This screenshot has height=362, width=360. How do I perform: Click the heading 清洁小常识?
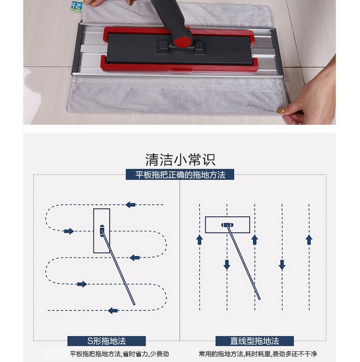pos(180,160)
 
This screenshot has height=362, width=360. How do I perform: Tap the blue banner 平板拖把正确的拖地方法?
pos(180,175)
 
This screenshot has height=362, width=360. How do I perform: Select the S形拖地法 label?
pos(107,341)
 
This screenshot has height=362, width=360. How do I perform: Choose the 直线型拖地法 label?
pos(254,341)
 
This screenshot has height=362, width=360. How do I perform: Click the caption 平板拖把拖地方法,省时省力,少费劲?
pos(120,354)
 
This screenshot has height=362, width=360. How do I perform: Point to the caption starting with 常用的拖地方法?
pos(258,354)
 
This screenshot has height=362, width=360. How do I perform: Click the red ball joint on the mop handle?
pos(182,42)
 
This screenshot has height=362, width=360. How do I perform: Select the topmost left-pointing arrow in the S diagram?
pos(131,205)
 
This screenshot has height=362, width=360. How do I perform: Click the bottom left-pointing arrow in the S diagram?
pos(113,311)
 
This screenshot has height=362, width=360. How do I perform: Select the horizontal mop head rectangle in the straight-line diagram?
pos(228,217)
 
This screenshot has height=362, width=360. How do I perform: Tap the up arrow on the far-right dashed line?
pos(309,240)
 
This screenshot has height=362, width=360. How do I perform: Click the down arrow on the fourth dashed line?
pos(282,265)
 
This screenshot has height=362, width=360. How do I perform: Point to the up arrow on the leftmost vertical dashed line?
pos(199,240)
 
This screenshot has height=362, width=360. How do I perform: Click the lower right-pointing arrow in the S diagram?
pos(82,284)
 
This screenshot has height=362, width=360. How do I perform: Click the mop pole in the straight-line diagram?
pos(243,262)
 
